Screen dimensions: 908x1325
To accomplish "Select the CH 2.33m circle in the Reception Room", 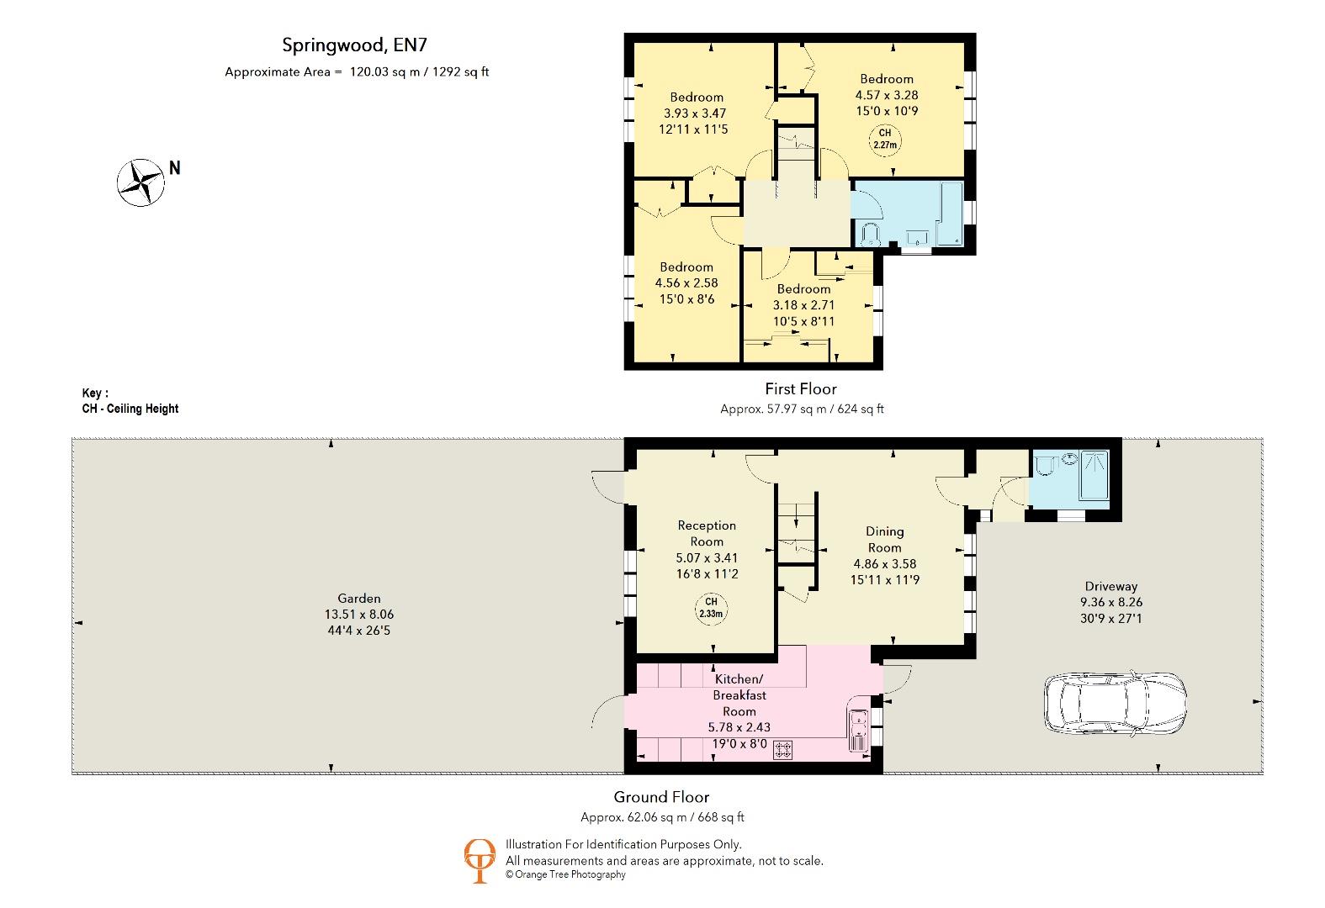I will (711, 608).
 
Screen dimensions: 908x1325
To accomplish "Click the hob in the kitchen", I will (782, 749).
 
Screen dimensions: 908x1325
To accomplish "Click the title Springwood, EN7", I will (349, 45).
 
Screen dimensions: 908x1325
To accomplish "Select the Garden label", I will (359, 599).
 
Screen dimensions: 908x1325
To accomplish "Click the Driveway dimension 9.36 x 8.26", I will (1110, 602).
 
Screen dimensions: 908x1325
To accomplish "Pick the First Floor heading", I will (800, 388).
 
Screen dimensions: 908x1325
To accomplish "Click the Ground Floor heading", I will (661, 797).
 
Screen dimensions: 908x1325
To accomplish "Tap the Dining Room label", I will (884, 539).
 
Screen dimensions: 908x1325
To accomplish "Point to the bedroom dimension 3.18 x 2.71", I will (803, 305).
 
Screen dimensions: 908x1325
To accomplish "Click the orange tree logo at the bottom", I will (480, 860).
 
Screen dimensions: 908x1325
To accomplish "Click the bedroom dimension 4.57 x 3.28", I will (886, 95).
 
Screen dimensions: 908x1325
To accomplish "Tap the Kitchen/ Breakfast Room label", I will (739, 695).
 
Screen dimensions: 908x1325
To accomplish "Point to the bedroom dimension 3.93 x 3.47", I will (695, 113).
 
